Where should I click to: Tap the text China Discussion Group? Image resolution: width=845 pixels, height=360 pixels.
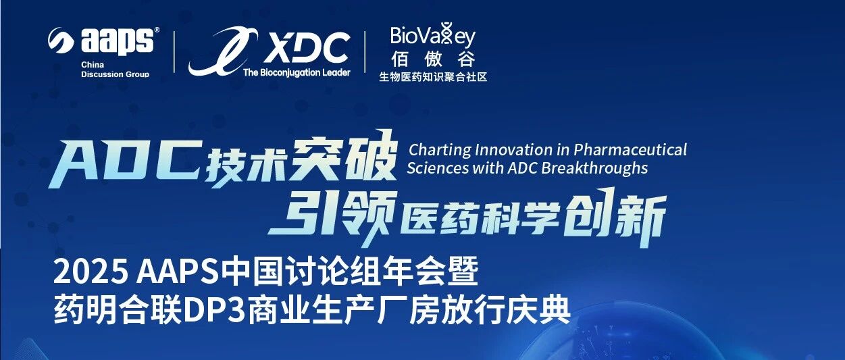[x=115, y=70]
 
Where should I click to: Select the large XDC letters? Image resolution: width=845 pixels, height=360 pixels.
[x=306, y=48]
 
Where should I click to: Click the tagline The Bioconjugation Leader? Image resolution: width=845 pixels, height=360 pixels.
[x=297, y=72]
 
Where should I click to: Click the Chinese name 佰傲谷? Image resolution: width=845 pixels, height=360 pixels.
[x=433, y=59]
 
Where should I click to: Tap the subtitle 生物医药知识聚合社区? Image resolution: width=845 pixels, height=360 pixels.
[x=433, y=77]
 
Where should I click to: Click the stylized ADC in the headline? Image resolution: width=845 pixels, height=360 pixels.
[x=124, y=164]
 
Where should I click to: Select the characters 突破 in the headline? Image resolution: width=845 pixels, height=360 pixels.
[x=345, y=157]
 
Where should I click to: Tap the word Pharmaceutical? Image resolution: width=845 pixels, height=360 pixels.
[x=630, y=150]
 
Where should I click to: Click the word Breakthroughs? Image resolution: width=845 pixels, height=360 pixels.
[x=594, y=168]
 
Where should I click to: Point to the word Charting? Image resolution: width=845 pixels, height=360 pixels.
[x=440, y=150]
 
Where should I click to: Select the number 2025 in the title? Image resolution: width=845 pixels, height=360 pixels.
[x=90, y=272]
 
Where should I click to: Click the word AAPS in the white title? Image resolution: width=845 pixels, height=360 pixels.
[x=177, y=272]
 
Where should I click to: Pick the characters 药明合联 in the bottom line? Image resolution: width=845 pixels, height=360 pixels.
[x=118, y=311]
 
